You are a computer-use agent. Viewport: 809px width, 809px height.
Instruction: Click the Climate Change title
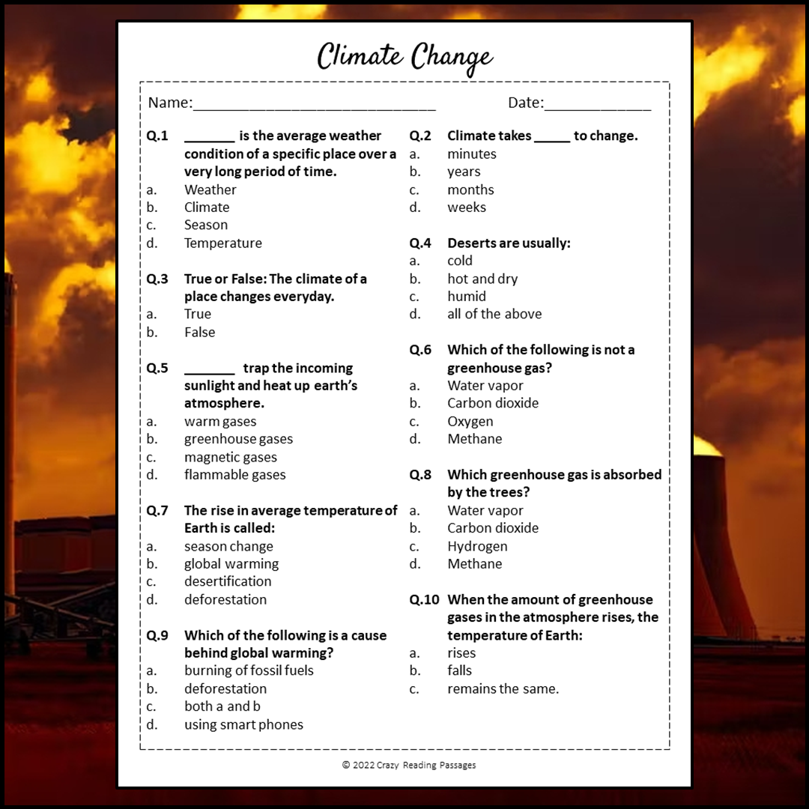pos(404,57)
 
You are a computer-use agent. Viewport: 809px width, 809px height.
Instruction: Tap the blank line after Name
pos(314,106)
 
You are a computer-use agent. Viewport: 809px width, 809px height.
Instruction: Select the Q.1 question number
pos(157,136)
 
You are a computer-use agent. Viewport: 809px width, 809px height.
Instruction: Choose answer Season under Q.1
pos(206,225)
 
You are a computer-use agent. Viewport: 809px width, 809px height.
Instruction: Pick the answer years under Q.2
pos(464,172)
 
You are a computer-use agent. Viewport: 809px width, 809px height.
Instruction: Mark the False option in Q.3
pos(199,332)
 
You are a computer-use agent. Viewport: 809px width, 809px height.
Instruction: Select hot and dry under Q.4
pos(482,279)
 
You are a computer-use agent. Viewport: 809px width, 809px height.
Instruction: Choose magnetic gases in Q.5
pos(231,457)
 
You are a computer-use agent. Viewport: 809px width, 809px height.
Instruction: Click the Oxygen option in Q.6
pos(470,421)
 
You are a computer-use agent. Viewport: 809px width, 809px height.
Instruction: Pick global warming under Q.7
pos(231,564)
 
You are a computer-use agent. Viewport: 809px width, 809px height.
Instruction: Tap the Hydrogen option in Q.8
pos(477,546)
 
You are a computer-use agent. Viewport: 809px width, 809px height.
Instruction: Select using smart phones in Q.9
pos(243,724)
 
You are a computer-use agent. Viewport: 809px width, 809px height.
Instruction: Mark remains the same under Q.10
pos(503,688)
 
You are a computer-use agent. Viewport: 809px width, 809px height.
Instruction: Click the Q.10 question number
pos(425,600)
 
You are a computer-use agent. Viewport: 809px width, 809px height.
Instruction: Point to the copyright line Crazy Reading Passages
pos(409,765)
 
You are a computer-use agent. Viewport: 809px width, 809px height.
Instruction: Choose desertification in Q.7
pos(228,581)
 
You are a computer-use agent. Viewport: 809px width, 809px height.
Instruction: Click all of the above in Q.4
pos(494,314)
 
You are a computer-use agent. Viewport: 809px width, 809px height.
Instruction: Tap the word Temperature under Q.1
pos(223,243)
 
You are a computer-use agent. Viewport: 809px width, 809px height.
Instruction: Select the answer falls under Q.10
pos(460,670)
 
